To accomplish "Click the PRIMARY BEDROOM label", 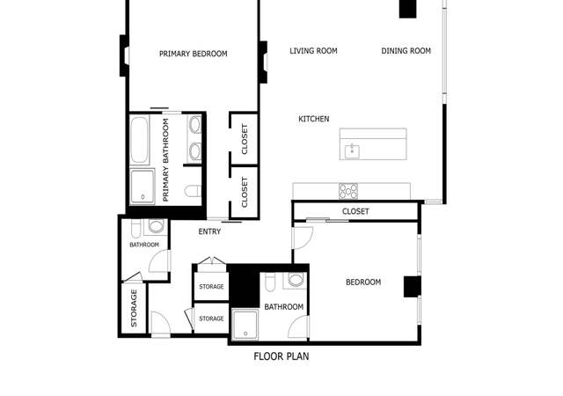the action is point(194,54).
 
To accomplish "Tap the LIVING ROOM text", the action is point(313,51).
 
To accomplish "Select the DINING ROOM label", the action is point(406,51).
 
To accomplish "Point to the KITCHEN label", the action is point(314,119).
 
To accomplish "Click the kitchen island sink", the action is point(352,151).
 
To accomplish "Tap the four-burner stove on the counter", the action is point(348,191).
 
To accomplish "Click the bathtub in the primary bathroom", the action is point(140,140).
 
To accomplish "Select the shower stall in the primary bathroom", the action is point(143,187).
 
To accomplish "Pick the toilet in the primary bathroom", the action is point(194,191).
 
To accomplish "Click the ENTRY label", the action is point(209,231).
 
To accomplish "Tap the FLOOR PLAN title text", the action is point(281,356).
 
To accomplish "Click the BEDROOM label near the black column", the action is point(363,282).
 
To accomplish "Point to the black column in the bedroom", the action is point(413,286).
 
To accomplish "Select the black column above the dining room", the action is point(408,9).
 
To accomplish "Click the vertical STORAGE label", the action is point(134,308).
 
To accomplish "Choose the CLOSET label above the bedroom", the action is point(355,211).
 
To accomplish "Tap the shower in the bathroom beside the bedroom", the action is point(245,325).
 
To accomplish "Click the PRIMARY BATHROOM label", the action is point(165,160).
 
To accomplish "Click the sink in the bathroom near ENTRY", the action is point(156,226).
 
